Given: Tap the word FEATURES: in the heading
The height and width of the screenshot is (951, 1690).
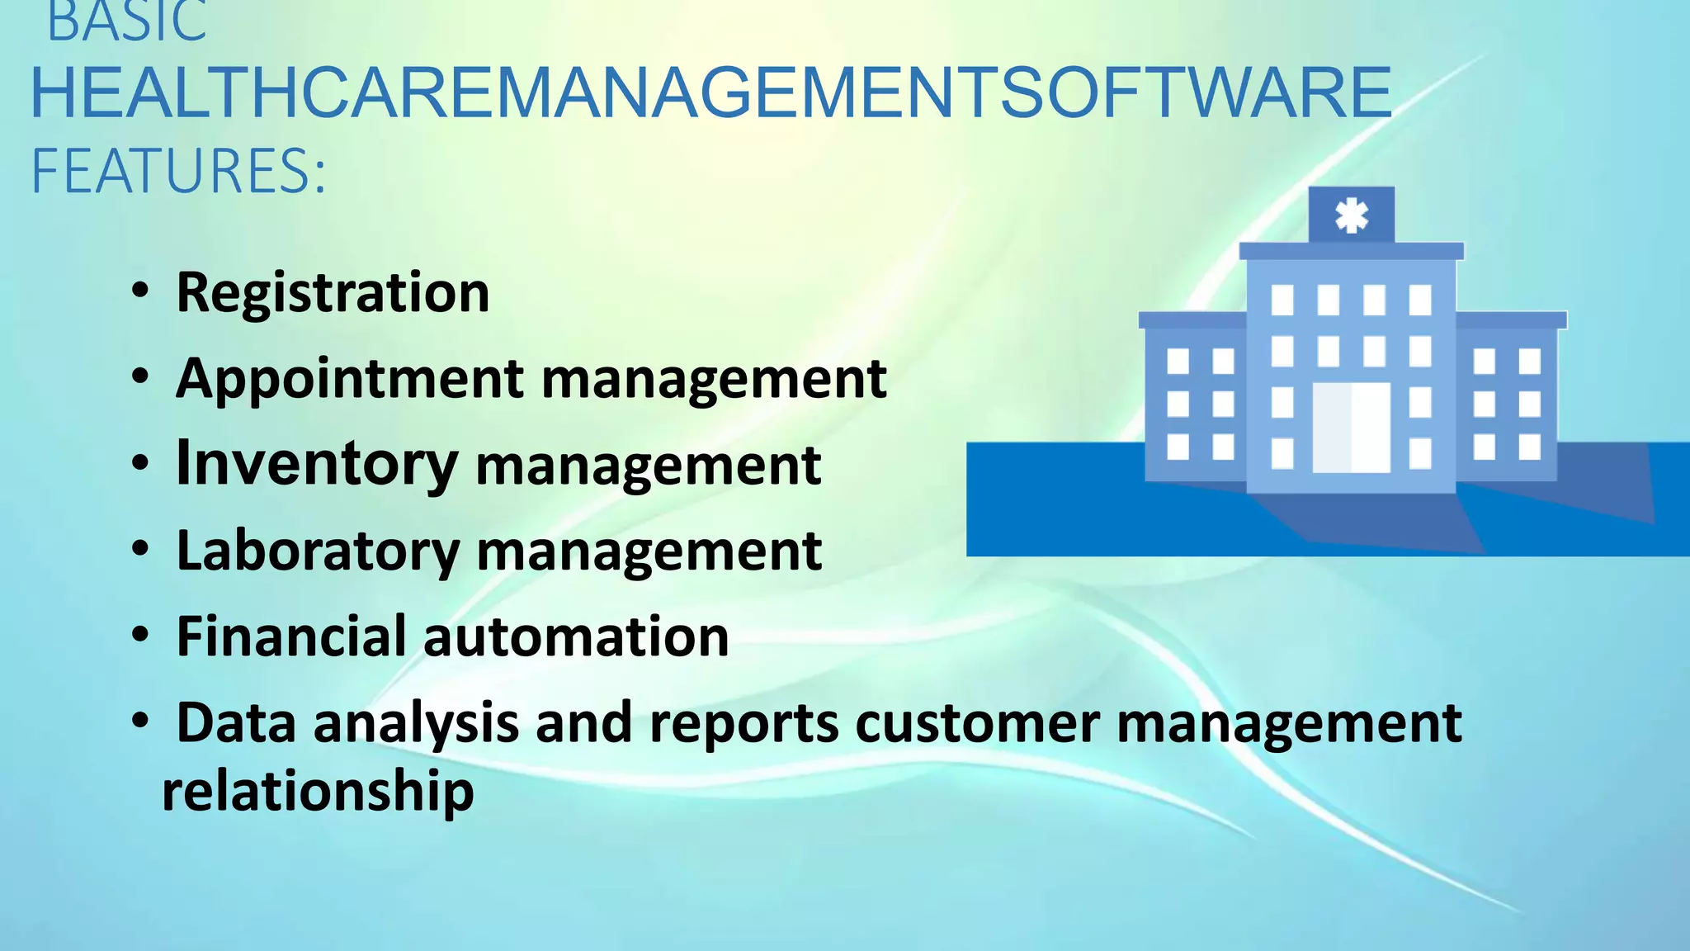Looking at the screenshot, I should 178,172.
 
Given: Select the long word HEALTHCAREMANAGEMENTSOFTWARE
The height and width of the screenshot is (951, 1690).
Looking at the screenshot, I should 710,93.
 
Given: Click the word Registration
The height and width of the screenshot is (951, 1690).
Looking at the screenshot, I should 333,292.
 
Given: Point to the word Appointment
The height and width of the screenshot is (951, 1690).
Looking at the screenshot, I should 350,379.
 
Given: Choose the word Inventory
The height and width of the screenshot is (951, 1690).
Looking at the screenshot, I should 317,463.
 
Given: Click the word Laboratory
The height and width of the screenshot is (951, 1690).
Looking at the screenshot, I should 318,551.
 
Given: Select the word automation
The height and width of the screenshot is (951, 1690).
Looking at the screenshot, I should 576,636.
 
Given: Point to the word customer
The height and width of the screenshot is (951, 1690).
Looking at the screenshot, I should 977,724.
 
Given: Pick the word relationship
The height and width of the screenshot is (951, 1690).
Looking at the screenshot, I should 318,791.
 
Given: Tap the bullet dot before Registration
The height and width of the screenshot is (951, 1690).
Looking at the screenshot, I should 140,291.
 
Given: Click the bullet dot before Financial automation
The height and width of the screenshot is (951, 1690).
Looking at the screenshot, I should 140,635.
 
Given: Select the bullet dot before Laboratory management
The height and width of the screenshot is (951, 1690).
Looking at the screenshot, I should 140,549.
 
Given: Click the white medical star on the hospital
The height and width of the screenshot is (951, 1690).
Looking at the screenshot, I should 1352,215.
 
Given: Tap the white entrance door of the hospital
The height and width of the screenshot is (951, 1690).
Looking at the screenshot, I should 1352,427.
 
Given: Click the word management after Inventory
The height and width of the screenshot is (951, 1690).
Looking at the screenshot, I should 649,466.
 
